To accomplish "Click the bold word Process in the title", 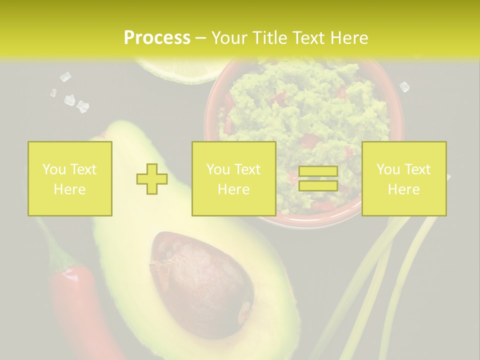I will (x=157, y=38).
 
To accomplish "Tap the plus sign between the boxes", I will (x=152, y=179).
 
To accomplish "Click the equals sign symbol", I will (x=318, y=178).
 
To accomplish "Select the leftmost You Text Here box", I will (x=70, y=178).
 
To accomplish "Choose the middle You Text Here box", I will (x=233, y=178).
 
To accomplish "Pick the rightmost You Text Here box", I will (x=403, y=178).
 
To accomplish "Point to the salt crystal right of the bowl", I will (x=404, y=86).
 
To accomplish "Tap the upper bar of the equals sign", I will (x=318, y=171).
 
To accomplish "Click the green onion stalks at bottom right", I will (x=395, y=280).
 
